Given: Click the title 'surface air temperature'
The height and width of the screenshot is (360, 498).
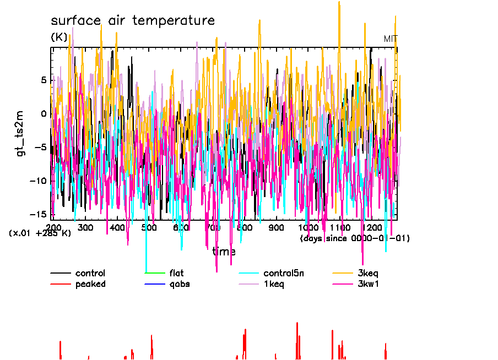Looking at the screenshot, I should pos(133,21).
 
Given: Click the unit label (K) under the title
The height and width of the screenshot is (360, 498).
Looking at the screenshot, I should pos(59,37).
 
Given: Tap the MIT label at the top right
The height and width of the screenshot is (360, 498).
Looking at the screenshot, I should pos(391,39).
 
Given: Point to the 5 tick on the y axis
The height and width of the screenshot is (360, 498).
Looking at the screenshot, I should pos(44,80).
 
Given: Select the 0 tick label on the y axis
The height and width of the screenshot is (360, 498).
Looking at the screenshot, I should pos(44,114).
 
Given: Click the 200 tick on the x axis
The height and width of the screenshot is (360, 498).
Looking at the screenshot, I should pos(53,227).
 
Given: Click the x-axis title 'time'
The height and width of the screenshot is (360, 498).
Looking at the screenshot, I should pos(224,252).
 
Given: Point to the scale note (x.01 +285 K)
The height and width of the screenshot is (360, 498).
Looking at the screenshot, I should pos(40,233).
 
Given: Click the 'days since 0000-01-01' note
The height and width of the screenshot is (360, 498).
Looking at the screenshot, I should pos(355,238).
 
